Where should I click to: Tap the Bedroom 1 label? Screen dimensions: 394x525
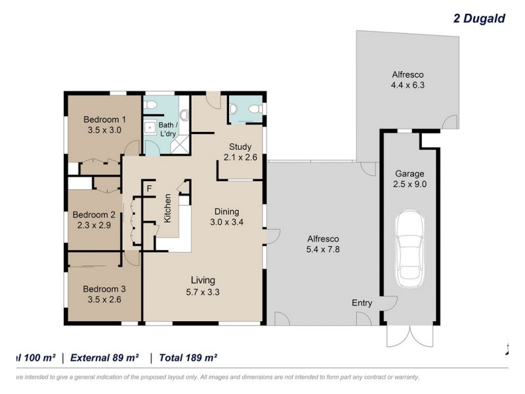coord(105,120)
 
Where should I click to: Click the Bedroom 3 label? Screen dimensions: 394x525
coord(104,288)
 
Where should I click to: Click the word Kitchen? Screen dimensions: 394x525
coord(168,208)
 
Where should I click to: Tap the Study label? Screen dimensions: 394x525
coord(241,146)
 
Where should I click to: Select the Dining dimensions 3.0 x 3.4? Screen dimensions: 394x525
coord(227,223)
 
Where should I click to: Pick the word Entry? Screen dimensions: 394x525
coord(362,303)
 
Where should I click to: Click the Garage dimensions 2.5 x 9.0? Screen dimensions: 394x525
coord(410,185)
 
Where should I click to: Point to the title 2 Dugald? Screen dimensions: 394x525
coord(479,18)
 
